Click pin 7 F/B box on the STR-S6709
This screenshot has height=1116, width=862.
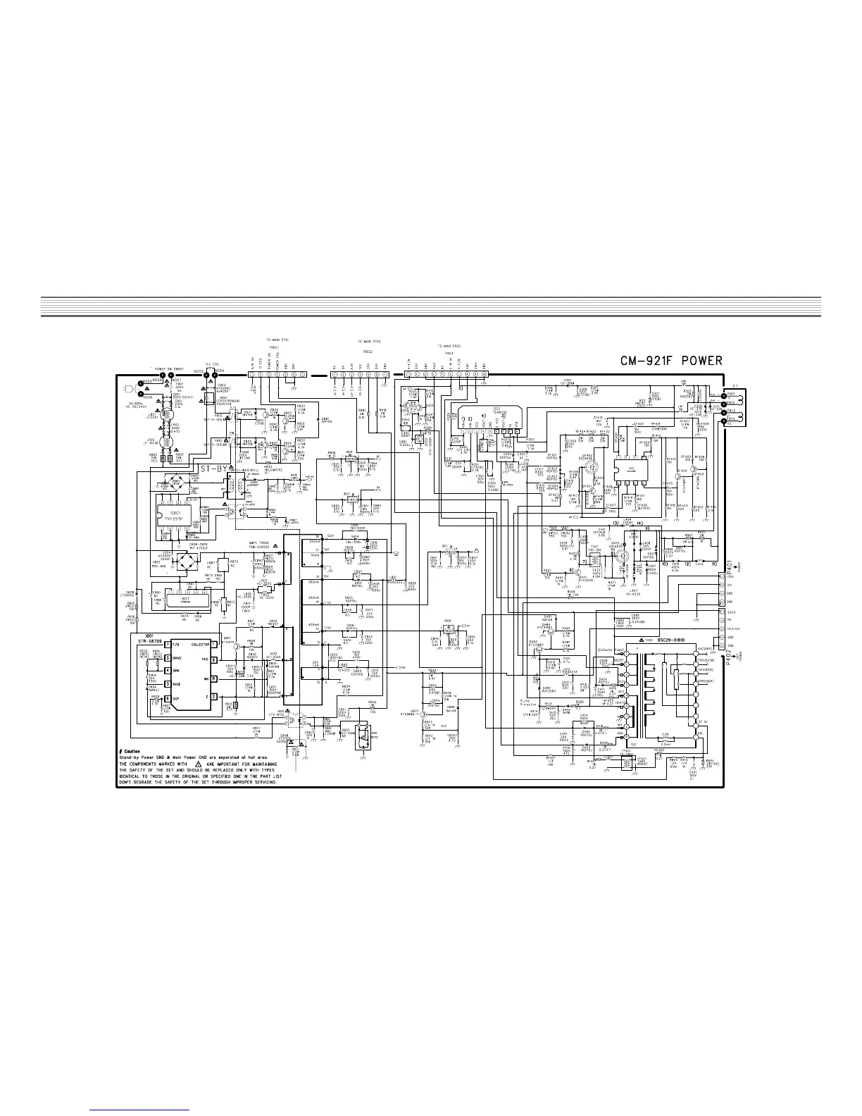click(x=168, y=645)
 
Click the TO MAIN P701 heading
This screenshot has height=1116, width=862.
click(x=280, y=340)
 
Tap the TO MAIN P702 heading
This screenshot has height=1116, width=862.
click(x=370, y=343)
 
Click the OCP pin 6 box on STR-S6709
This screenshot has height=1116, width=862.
click(x=168, y=698)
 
